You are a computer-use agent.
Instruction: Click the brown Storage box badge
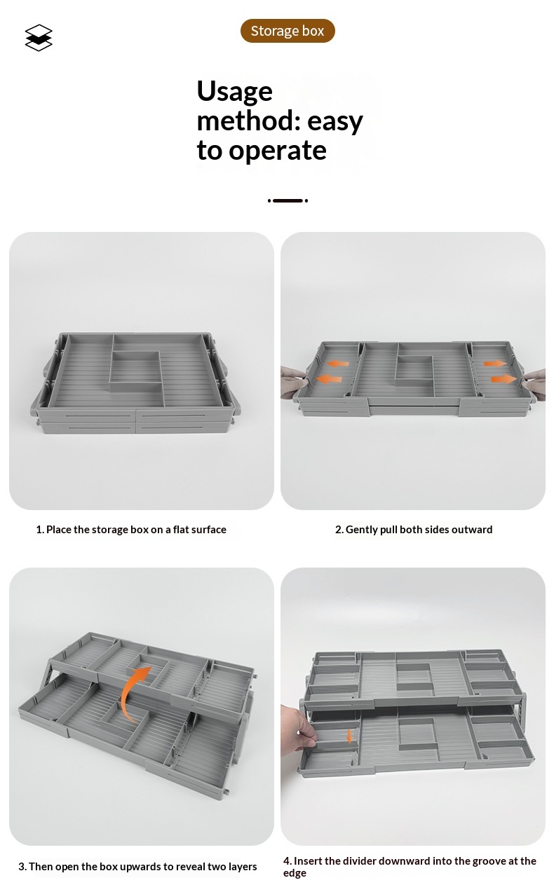pyautogui.click(x=288, y=31)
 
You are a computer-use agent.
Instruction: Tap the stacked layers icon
pyautogui.click(x=39, y=38)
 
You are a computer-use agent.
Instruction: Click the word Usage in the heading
pyautogui.click(x=235, y=92)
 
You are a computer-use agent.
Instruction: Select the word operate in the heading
pyautogui.click(x=278, y=151)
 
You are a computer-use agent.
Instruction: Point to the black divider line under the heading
pyautogui.click(x=288, y=200)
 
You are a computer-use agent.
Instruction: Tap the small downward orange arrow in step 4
pyautogui.click(x=349, y=736)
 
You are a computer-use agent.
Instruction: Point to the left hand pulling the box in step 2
pyautogui.click(x=294, y=383)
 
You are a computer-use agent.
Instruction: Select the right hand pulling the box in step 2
pyautogui.click(x=534, y=384)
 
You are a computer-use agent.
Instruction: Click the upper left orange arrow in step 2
pyautogui.click(x=338, y=364)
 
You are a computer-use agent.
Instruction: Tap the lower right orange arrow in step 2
pyautogui.click(x=504, y=378)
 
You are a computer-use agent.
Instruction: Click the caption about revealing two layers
pyautogui.click(x=137, y=867)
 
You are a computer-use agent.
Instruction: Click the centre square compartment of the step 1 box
pyautogui.click(x=135, y=366)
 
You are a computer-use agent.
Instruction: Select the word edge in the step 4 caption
pyautogui.click(x=295, y=873)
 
